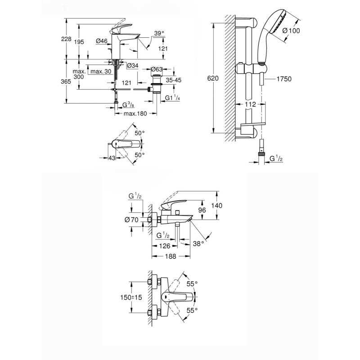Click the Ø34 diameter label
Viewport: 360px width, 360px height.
click(x=133, y=66)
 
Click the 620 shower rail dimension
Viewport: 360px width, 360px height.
click(x=213, y=78)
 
